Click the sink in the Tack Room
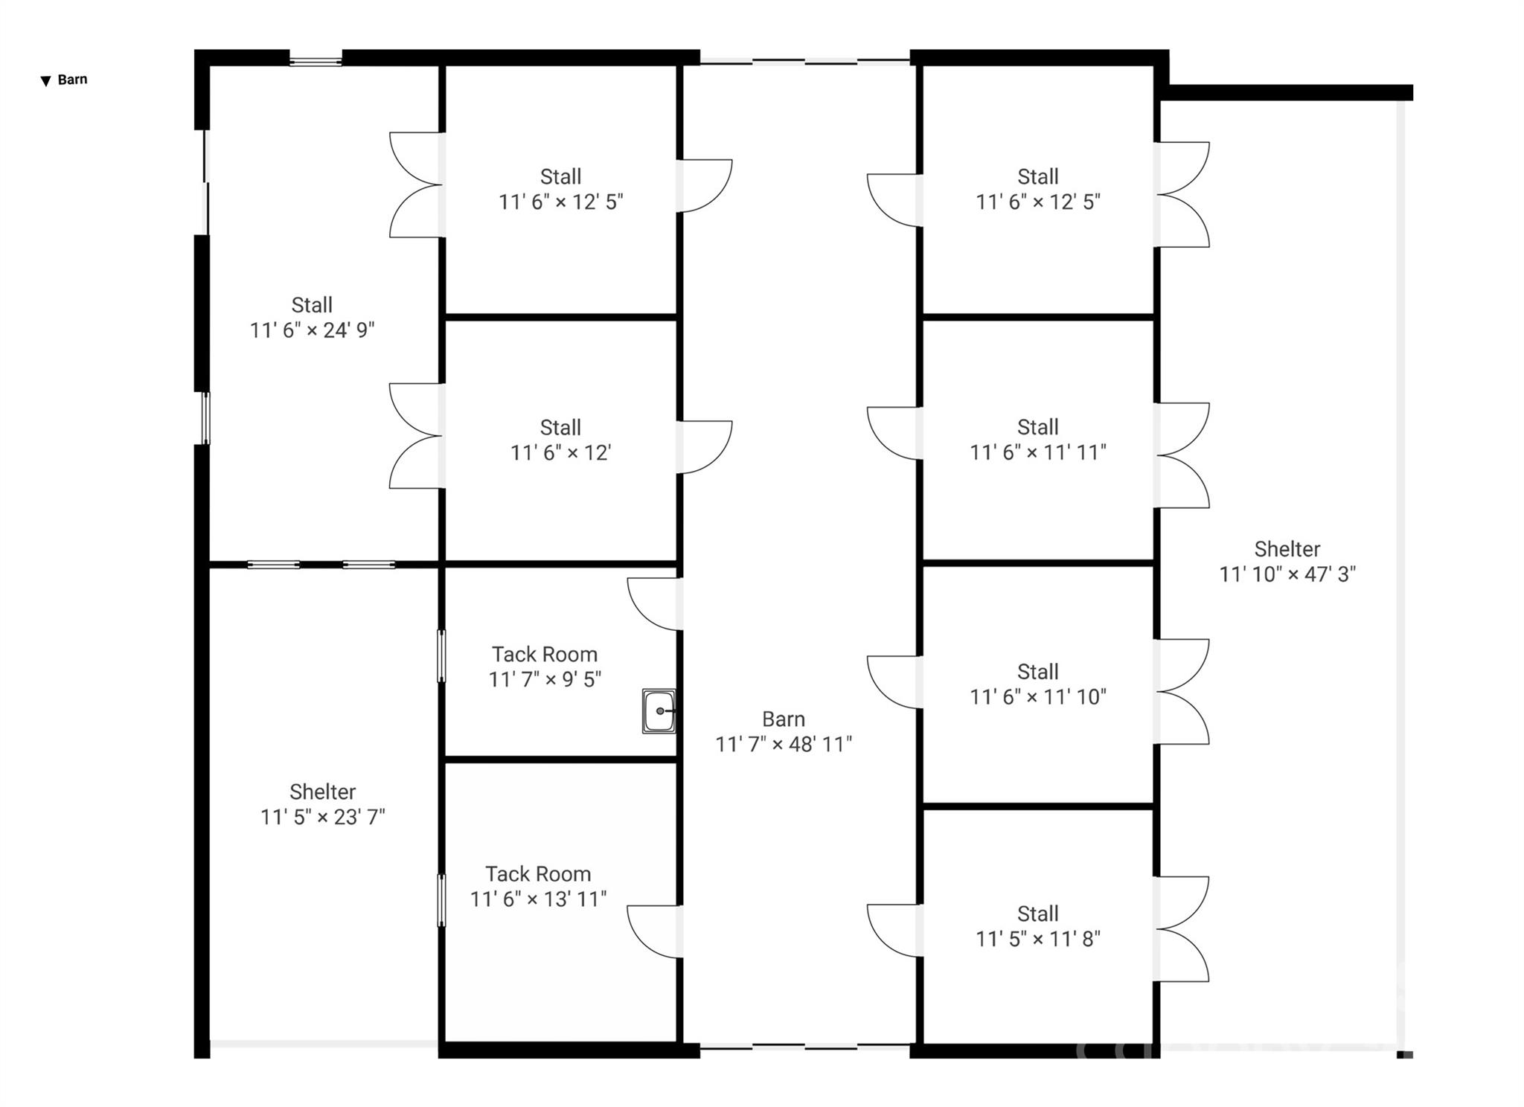pos(659,711)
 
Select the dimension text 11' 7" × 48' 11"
pos(784,744)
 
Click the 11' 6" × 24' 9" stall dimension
pos(312,330)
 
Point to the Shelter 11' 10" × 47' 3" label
pos(1287,562)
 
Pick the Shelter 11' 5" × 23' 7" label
pos(322,804)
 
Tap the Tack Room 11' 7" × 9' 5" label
pos(545,667)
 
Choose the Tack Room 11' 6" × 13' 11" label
pos(538,886)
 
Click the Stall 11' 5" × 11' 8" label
pos(1037,926)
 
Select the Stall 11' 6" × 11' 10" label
pos(1037,684)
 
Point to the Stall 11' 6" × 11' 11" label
pos(1037,440)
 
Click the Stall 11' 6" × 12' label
pos(560,440)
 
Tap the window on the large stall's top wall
pos(315,59)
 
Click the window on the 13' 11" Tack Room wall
pos(441,900)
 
